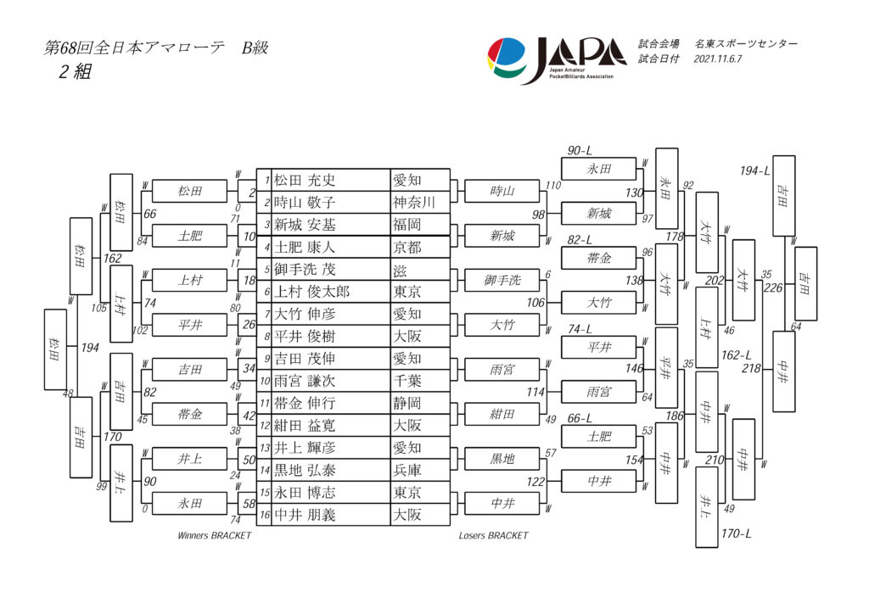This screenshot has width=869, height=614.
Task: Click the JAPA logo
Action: (x=556, y=59)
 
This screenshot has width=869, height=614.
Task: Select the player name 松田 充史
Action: (x=305, y=181)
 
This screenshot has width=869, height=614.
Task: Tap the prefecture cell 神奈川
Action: (x=413, y=203)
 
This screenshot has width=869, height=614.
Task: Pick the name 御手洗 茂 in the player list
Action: (x=305, y=269)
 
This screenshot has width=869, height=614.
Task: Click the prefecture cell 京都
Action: (x=406, y=247)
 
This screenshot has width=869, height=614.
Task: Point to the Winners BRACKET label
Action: (x=214, y=536)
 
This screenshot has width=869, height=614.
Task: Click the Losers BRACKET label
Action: (x=493, y=536)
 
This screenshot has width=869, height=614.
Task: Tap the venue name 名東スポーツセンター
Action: (x=746, y=43)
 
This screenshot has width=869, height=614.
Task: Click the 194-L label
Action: (x=754, y=170)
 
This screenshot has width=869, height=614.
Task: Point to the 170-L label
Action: (x=736, y=533)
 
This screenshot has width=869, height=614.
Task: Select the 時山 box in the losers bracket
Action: (x=502, y=192)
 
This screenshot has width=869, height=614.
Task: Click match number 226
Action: (x=773, y=287)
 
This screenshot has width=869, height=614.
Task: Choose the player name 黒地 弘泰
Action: (x=305, y=469)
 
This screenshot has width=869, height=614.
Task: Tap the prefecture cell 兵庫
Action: (x=406, y=469)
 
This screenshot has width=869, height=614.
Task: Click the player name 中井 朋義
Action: (x=305, y=514)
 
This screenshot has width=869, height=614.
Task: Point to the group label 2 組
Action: (x=75, y=72)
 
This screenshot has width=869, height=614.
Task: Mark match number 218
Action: (x=751, y=368)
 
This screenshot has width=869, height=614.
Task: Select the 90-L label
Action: (x=580, y=150)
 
